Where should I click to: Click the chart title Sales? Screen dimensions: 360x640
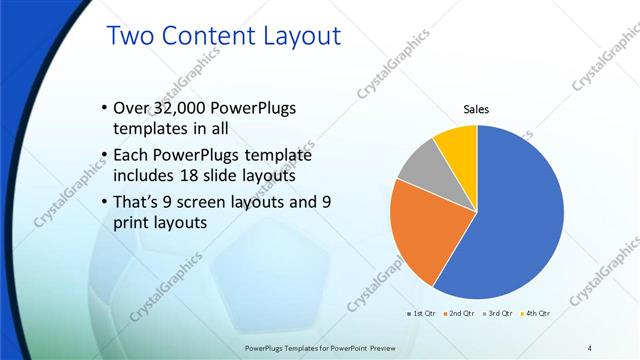click(x=475, y=109)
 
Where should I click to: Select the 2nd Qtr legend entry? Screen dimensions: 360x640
click(x=461, y=313)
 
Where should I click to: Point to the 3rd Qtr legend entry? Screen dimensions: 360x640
click(x=498, y=313)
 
